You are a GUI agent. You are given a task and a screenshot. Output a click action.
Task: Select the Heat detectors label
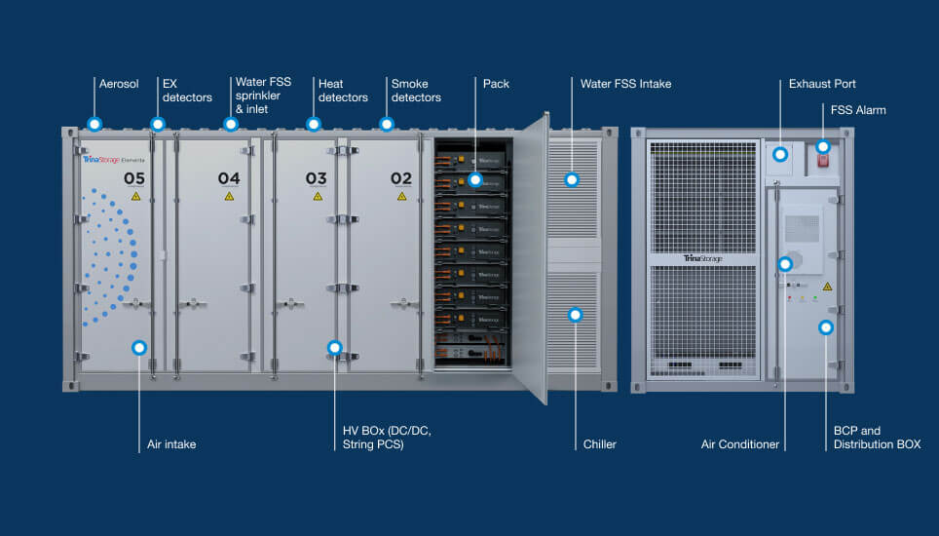(343, 91)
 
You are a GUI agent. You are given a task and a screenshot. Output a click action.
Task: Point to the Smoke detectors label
(416, 91)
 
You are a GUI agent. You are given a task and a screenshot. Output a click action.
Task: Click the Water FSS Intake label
(625, 84)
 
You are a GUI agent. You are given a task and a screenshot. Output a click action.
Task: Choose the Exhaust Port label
(822, 85)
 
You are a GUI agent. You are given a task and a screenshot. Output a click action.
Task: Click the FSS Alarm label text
(858, 110)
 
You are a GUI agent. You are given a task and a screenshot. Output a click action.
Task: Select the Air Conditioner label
(740, 444)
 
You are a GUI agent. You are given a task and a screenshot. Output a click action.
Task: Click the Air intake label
(171, 444)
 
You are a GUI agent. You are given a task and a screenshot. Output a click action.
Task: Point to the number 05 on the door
(134, 179)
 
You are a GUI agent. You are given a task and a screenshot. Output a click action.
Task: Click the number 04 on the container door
(229, 179)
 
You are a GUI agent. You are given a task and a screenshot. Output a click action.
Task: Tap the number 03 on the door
(317, 179)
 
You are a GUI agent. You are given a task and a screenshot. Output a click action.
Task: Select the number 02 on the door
(401, 179)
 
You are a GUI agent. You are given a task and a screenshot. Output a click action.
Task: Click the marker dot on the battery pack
(474, 179)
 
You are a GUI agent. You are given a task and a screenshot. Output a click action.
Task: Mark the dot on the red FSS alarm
(823, 147)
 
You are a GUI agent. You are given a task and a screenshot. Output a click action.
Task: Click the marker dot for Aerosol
(94, 124)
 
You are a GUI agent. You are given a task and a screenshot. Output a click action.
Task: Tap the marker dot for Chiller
(575, 315)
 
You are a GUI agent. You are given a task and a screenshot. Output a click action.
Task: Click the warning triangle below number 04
(229, 197)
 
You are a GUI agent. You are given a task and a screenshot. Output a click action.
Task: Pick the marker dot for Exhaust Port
(780, 153)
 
